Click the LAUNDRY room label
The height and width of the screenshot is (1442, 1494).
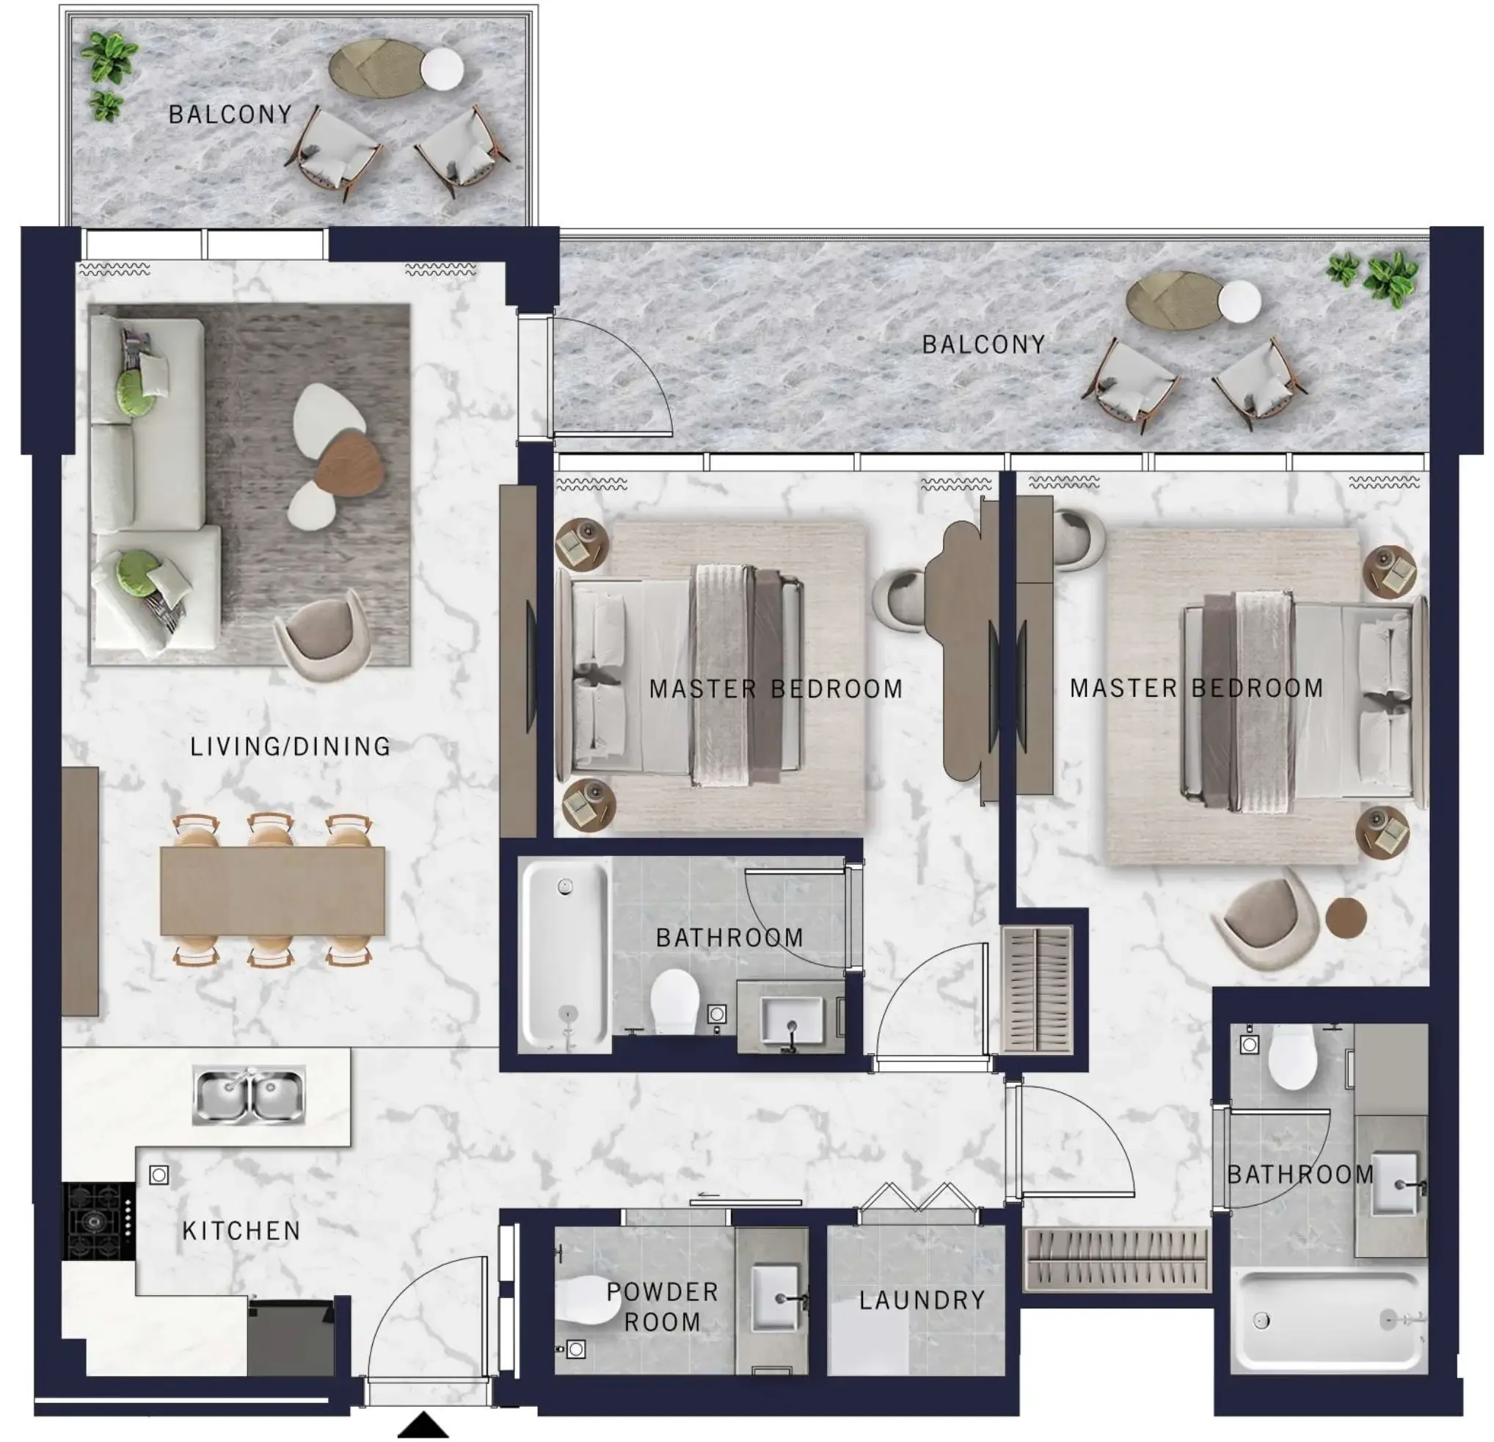tap(922, 1300)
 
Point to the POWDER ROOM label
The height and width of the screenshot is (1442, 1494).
tap(662, 1306)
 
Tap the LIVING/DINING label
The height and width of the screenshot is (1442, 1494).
tap(290, 746)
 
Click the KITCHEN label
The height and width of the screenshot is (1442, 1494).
tap(241, 1231)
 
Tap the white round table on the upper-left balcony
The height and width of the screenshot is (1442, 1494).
tap(442, 70)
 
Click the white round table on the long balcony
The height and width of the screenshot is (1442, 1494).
tap(1239, 301)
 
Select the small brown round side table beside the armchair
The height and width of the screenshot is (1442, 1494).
tap(1345, 917)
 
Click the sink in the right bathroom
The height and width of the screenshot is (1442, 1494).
tap(1395, 1184)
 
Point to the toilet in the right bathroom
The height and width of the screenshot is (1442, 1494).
tap(1293, 1056)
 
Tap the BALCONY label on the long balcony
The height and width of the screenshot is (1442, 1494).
tap(983, 344)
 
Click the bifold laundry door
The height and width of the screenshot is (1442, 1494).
tap(919, 1197)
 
